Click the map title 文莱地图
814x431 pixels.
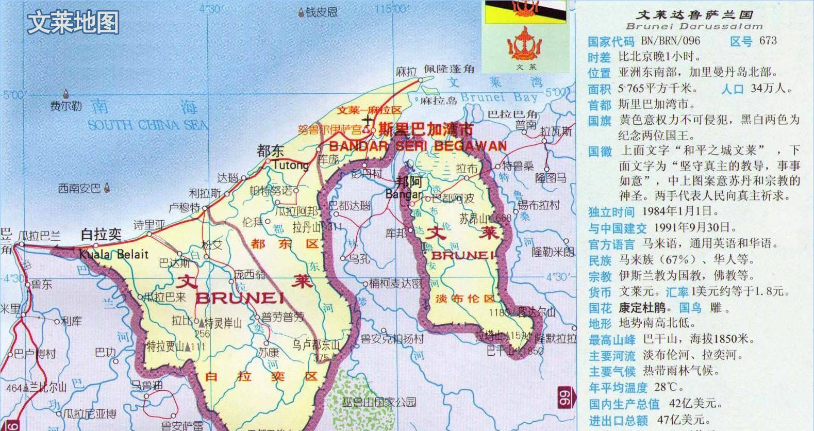pos(73,23)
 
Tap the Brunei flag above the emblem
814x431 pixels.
pos(525,11)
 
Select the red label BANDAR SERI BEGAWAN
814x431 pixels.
pos(418,146)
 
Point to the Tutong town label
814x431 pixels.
pos(290,165)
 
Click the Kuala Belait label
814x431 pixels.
pos(113,254)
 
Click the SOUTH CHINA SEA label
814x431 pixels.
pos(148,125)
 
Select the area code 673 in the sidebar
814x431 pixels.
pos(768,41)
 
